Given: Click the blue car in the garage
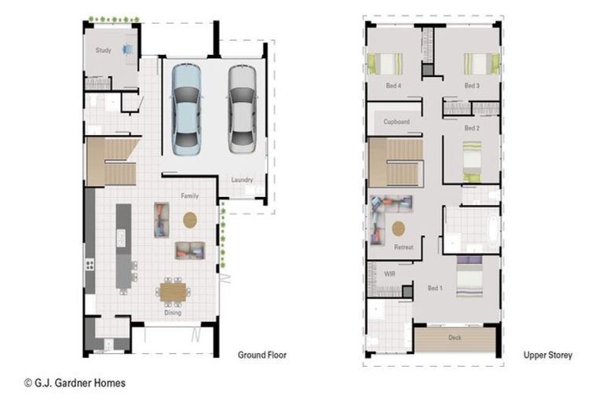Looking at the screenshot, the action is pyautogui.click(x=186, y=110).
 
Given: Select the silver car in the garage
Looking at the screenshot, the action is pyautogui.click(x=243, y=110).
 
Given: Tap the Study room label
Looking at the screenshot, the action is pyautogui.click(x=103, y=50).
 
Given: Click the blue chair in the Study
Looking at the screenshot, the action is pyautogui.click(x=127, y=49).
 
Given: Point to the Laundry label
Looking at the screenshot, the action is pyautogui.click(x=242, y=180).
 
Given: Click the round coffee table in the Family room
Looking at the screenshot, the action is pyautogui.click(x=190, y=220).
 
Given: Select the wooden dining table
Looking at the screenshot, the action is pyautogui.click(x=173, y=292).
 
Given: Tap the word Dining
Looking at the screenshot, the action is pyautogui.click(x=173, y=312).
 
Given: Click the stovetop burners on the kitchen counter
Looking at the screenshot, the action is pyautogui.click(x=90, y=265).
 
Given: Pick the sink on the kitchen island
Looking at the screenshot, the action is pyautogui.click(x=121, y=238).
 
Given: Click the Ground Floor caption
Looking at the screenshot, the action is pyautogui.click(x=262, y=355).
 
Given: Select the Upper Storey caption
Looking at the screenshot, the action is pyautogui.click(x=547, y=355).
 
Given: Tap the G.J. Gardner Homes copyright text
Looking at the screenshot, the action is pyautogui.click(x=75, y=383).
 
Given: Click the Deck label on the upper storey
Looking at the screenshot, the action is pyautogui.click(x=455, y=338).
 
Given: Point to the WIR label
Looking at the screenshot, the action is pyautogui.click(x=389, y=274).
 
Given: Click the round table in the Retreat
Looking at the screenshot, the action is pyautogui.click(x=398, y=228).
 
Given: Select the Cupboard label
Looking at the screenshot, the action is pyautogui.click(x=396, y=122).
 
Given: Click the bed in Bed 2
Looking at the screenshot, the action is pyautogui.click(x=472, y=162).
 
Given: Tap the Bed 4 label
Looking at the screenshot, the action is pyautogui.click(x=393, y=86).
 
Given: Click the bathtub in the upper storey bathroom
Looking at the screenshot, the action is pyautogui.click(x=492, y=230).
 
